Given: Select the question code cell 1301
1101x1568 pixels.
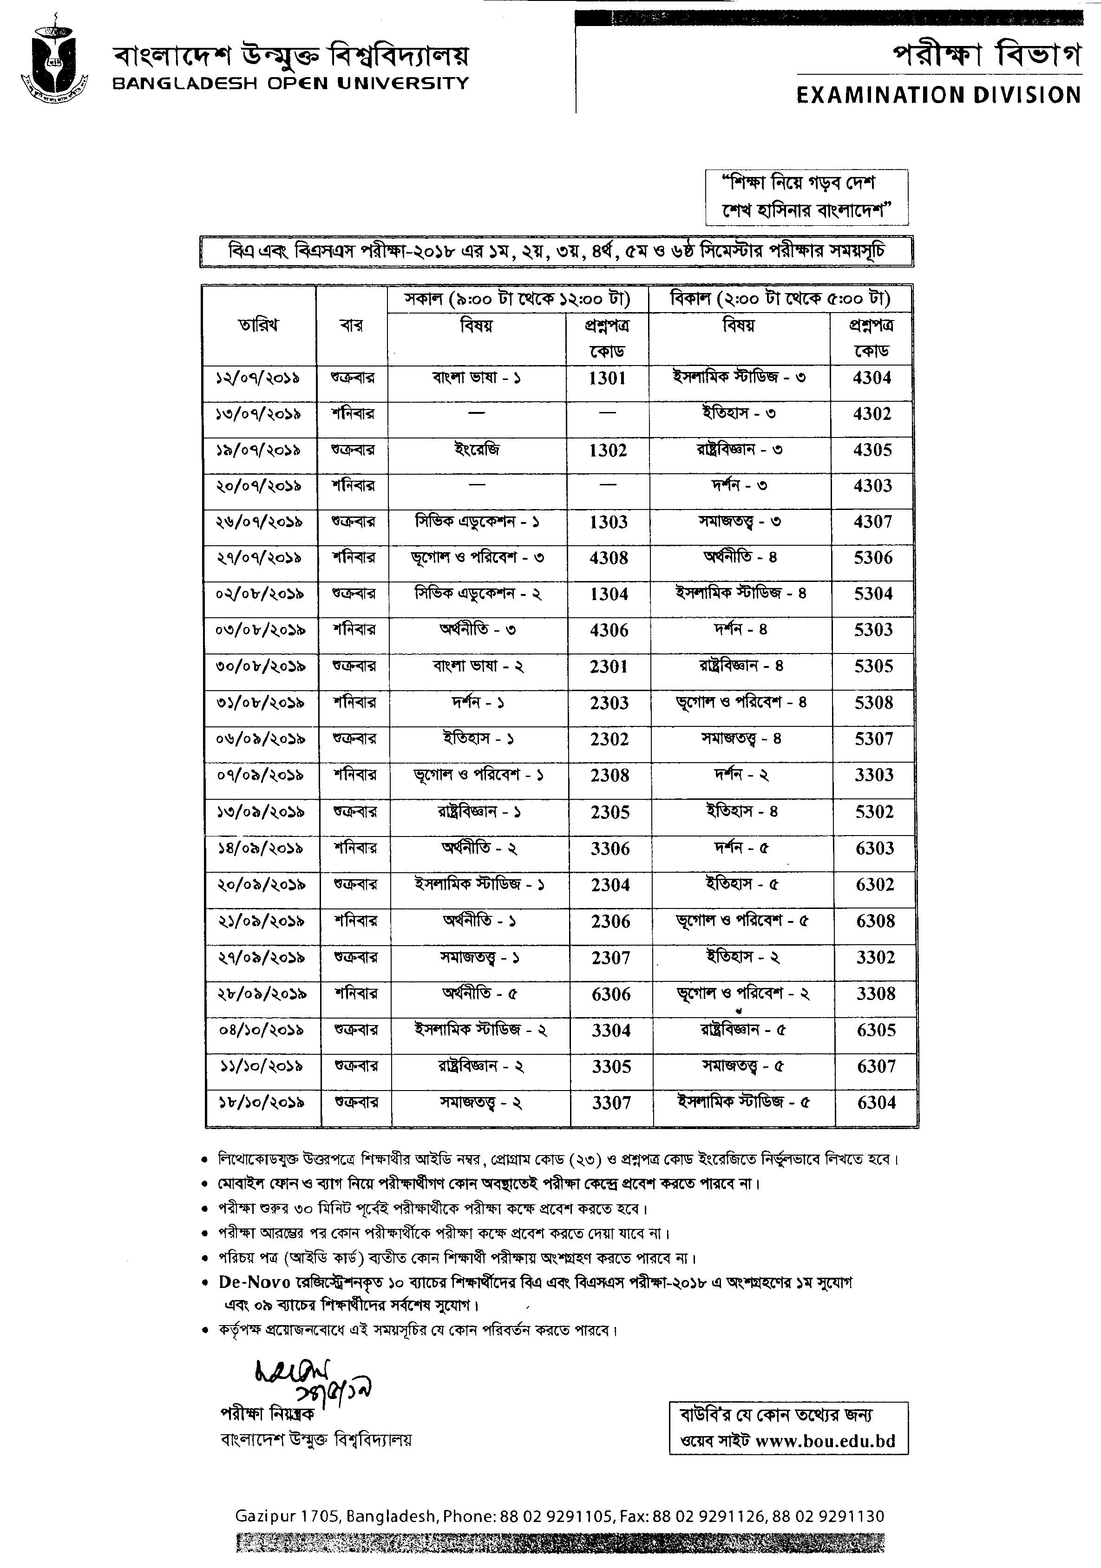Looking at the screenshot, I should click(607, 379).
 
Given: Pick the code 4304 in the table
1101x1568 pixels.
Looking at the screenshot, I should click(872, 378).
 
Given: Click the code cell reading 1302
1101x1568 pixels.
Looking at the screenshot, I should click(608, 450).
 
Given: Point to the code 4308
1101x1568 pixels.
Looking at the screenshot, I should click(609, 558).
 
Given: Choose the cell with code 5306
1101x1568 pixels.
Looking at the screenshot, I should click(873, 558).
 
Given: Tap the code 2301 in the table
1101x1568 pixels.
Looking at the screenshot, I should click(609, 666).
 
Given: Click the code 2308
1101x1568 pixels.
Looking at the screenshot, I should click(609, 776).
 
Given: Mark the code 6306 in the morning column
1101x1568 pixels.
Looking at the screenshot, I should click(610, 994).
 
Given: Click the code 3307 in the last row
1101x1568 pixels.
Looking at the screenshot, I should click(611, 1103).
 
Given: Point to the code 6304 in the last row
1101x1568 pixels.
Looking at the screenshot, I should click(876, 1102).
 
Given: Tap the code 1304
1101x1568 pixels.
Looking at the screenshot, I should click(609, 594).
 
